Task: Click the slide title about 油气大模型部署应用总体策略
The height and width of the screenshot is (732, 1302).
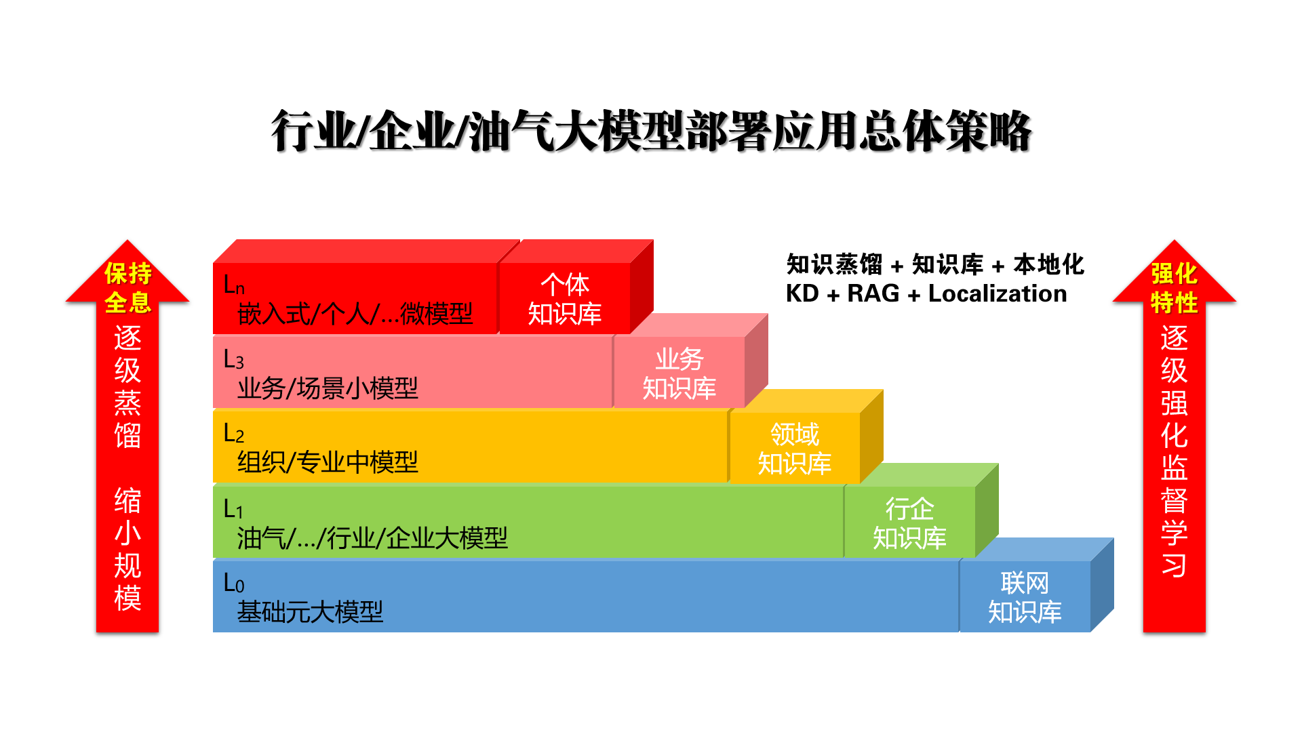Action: click(x=651, y=131)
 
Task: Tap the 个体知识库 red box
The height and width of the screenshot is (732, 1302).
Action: click(x=565, y=298)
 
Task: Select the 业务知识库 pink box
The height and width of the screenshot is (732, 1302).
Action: click(x=679, y=373)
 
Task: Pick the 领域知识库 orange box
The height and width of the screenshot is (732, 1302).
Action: click(x=795, y=448)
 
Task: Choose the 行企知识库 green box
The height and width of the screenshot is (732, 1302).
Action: click(x=910, y=523)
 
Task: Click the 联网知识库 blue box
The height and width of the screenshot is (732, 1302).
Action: click(x=1025, y=597)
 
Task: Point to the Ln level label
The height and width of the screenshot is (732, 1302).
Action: click(x=234, y=285)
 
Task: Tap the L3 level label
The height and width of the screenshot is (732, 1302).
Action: click(x=234, y=359)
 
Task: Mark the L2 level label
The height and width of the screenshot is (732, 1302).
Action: click(x=234, y=433)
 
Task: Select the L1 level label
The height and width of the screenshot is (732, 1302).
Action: click(x=233, y=508)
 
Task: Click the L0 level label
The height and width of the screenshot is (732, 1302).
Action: click(x=234, y=583)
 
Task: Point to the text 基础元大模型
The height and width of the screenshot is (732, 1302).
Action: click(x=310, y=612)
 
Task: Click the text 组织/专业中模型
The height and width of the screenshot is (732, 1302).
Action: click(x=328, y=462)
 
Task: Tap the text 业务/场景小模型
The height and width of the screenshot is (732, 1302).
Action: click(x=328, y=388)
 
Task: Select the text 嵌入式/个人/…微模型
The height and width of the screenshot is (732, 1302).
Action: click(x=355, y=314)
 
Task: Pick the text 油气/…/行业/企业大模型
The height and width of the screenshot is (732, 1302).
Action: click(x=372, y=538)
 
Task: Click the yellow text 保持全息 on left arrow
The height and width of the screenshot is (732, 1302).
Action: click(x=127, y=288)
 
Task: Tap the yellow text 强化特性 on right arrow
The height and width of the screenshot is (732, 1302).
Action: click(x=1175, y=288)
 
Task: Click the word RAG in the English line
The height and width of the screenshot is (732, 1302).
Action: click(x=873, y=293)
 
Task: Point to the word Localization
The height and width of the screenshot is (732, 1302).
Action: click(x=998, y=293)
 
